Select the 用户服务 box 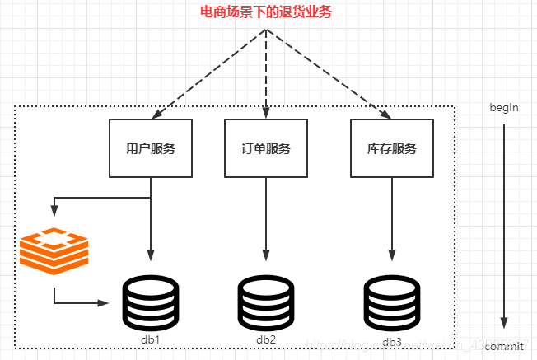tap(151, 148)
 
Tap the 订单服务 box tap(266, 148)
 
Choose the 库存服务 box tap(391, 148)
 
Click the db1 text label tap(150, 339)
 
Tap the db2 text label tap(266, 339)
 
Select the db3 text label tap(392, 340)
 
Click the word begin tap(503, 108)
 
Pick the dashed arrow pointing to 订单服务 tap(266, 74)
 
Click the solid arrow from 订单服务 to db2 tap(266, 218)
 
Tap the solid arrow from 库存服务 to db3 tap(392, 218)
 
